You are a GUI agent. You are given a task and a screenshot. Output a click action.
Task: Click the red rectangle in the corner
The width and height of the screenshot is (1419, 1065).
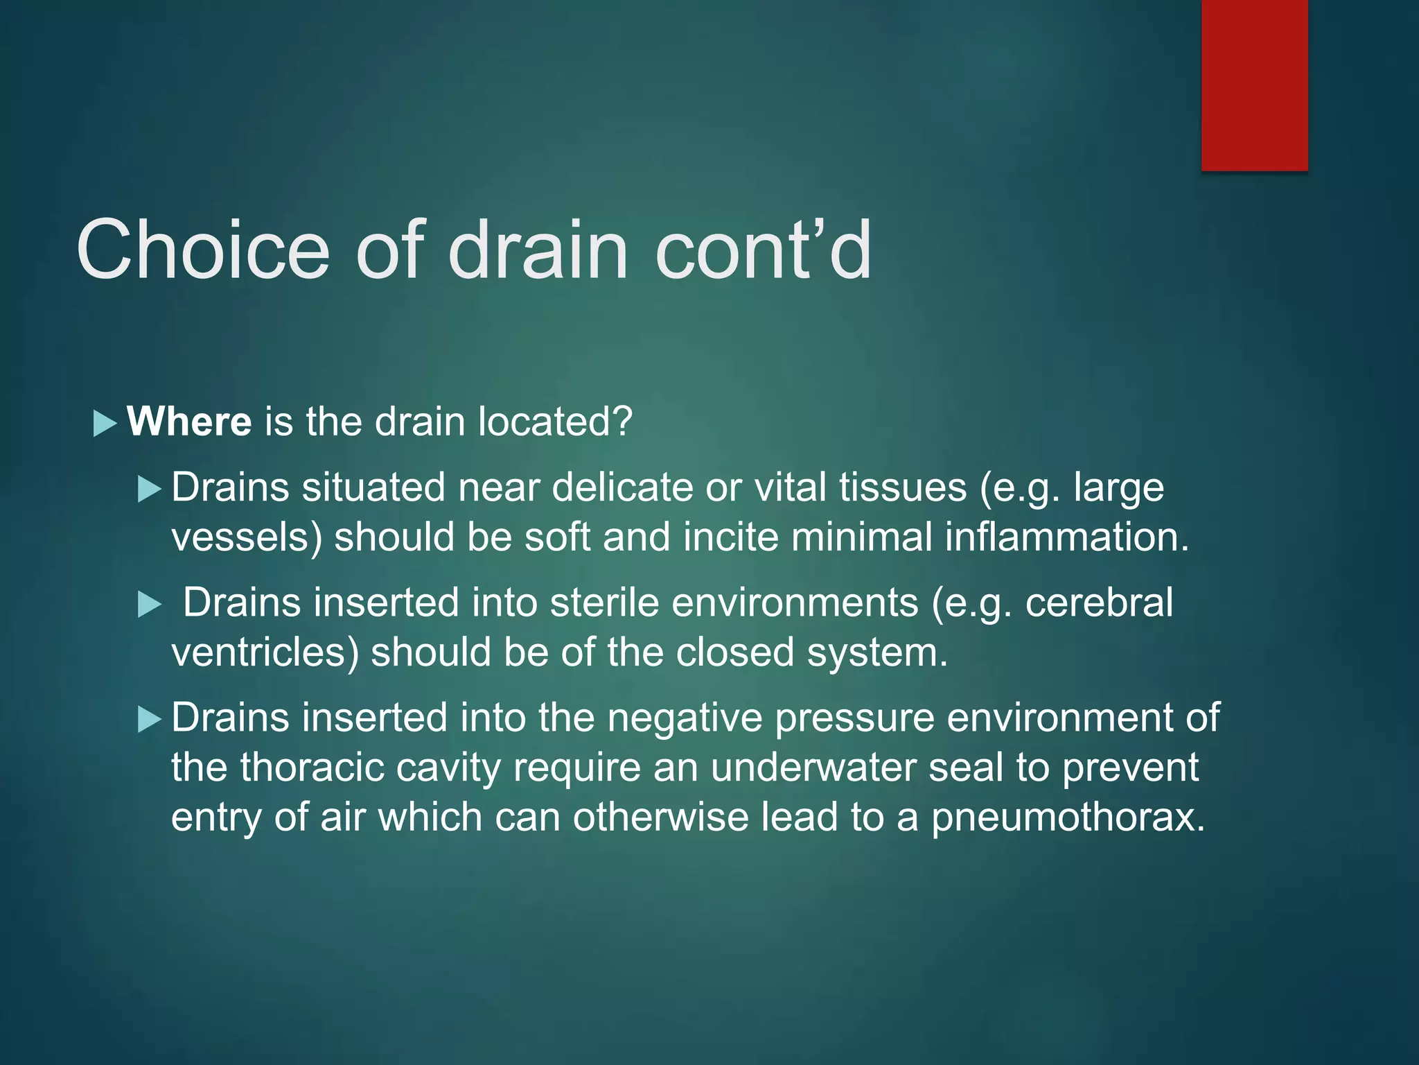(1254, 85)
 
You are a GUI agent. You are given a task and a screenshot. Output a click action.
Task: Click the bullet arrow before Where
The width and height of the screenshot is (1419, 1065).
(105, 423)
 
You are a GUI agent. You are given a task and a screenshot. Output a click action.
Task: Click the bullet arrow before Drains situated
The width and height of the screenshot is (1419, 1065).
(149, 490)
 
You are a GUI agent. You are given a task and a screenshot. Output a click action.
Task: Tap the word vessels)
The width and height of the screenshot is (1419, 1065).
(247, 537)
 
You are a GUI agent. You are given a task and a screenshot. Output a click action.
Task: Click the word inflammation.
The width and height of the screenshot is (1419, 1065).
(1067, 537)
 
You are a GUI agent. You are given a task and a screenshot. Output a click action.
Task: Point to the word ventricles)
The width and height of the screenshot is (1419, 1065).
(265, 652)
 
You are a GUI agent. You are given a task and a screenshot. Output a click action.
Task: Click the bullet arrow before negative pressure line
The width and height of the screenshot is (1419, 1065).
(149, 719)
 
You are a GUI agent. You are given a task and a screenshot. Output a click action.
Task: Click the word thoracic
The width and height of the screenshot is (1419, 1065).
(312, 768)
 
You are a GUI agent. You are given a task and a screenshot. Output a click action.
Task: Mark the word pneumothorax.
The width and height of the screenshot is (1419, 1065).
(1068, 818)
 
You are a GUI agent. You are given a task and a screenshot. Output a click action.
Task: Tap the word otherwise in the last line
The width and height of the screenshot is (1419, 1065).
(660, 817)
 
